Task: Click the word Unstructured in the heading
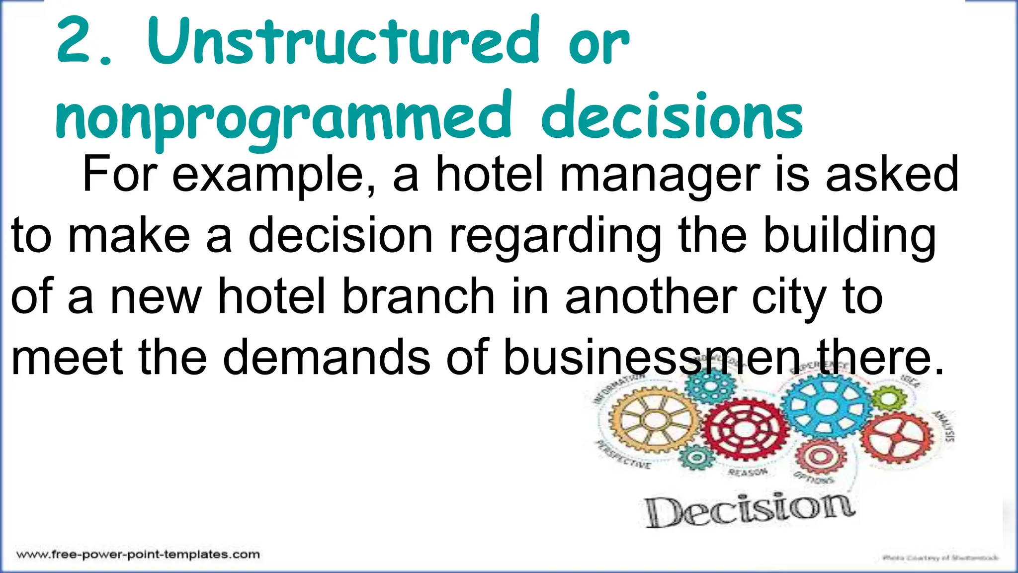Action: (x=343, y=42)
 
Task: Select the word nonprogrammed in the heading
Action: (x=283, y=117)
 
